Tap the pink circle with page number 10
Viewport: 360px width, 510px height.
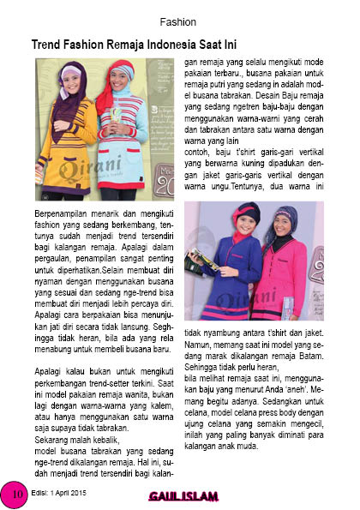tap(15, 493)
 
